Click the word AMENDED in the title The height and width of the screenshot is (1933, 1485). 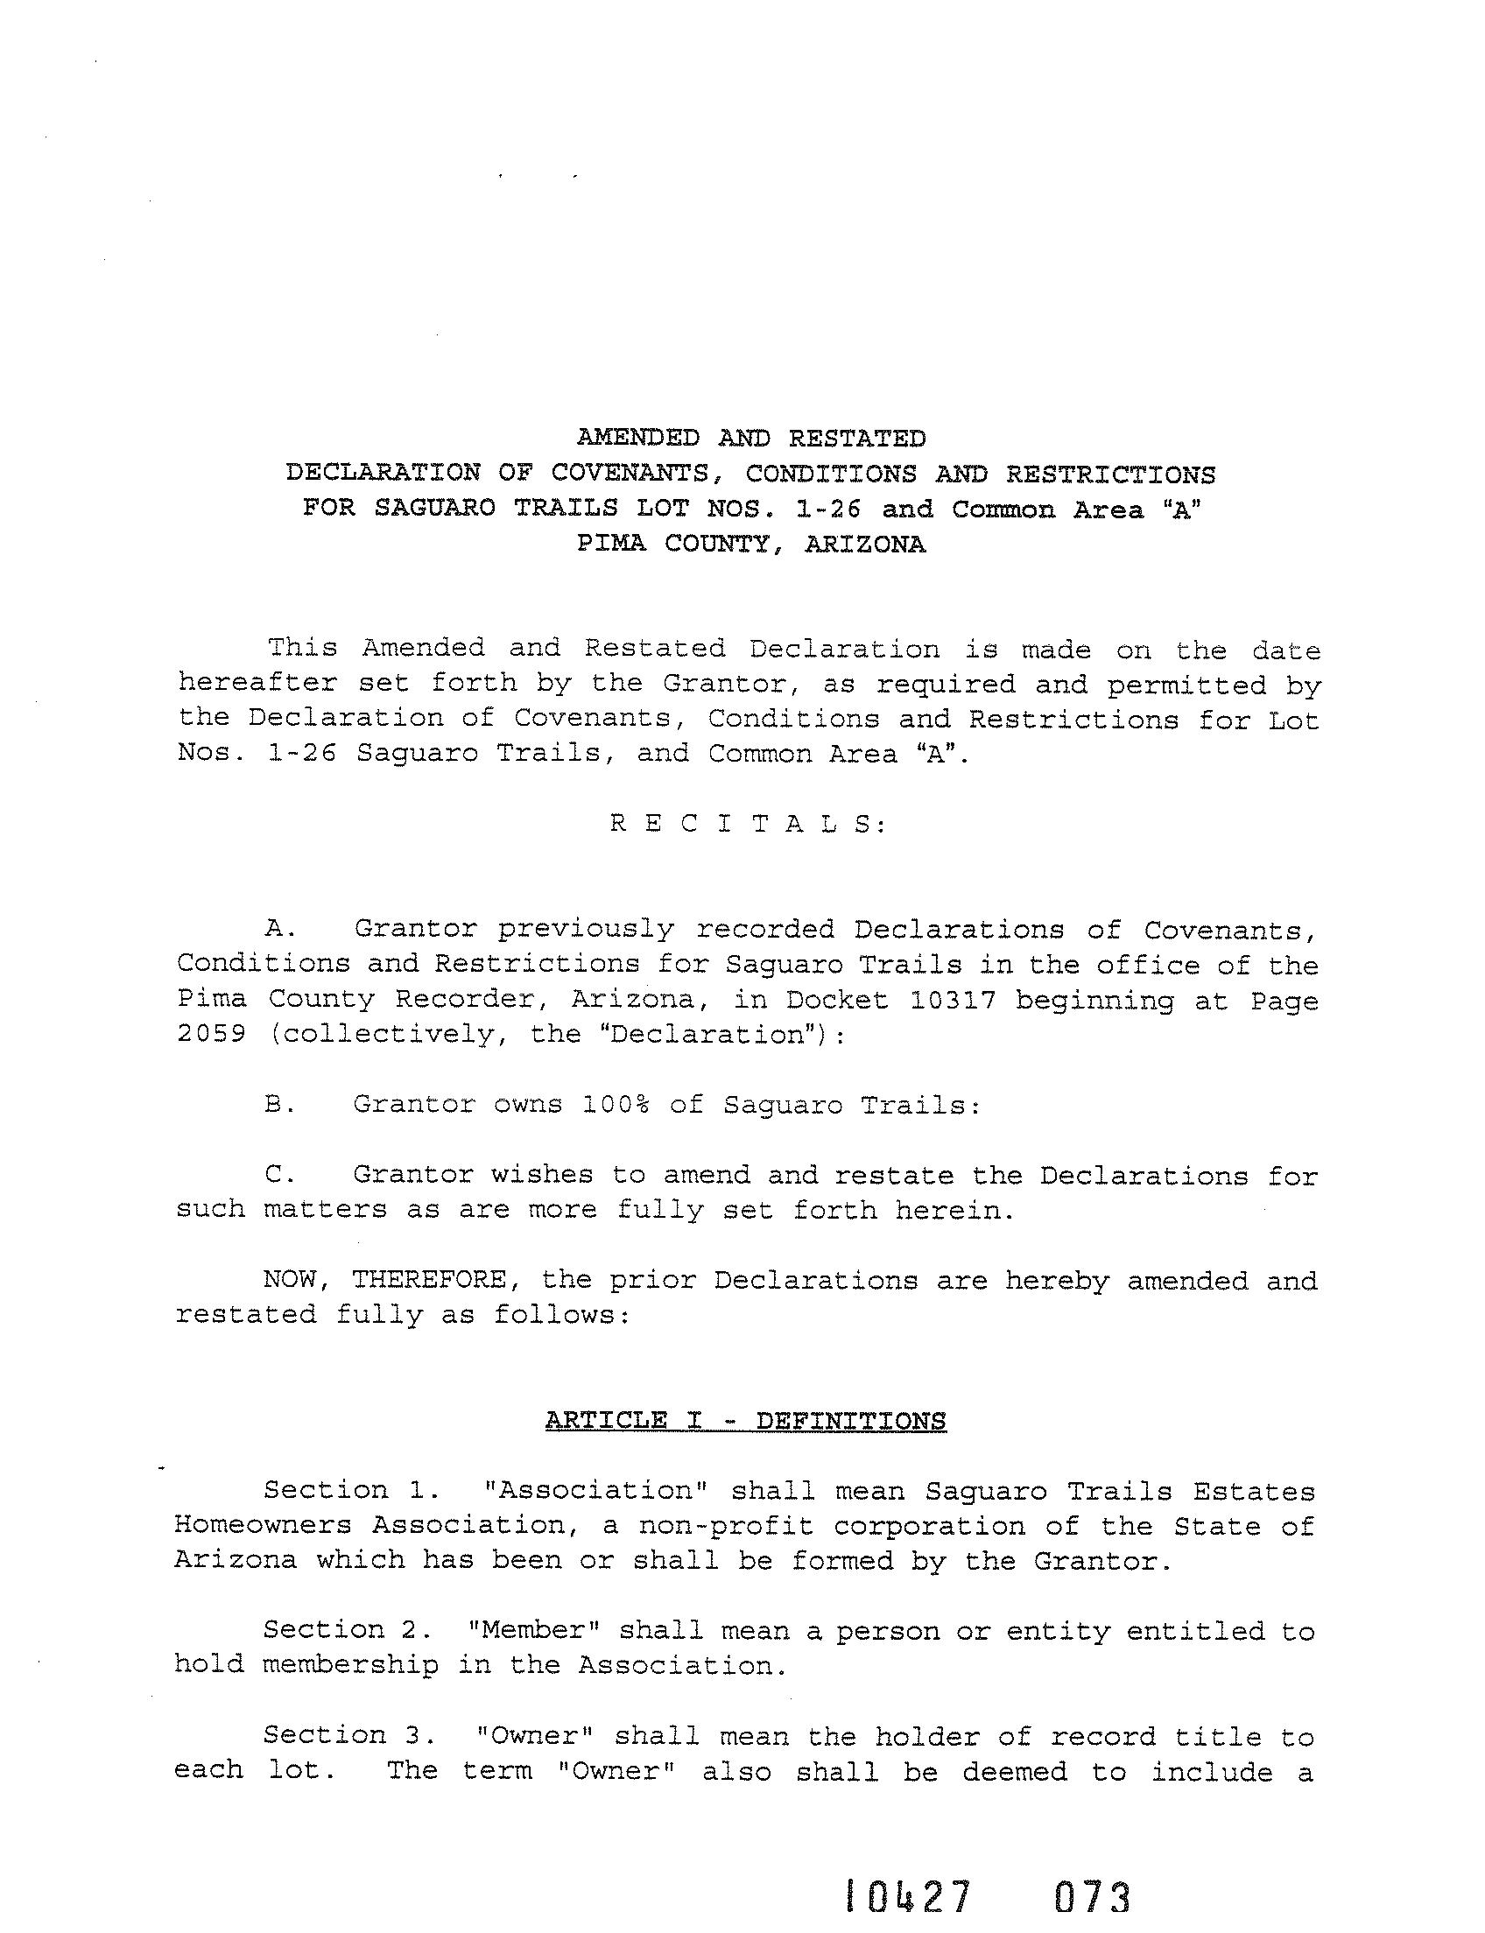[x=637, y=439]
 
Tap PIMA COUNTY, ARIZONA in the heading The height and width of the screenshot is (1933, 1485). [x=751, y=545]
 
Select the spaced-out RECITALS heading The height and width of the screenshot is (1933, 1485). [x=748, y=824]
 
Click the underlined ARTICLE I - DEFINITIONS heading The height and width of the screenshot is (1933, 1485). [x=746, y=1421]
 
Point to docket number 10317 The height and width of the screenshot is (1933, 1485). [x=954, y=1000]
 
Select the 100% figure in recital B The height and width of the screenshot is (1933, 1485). [x=616, y=1105]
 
